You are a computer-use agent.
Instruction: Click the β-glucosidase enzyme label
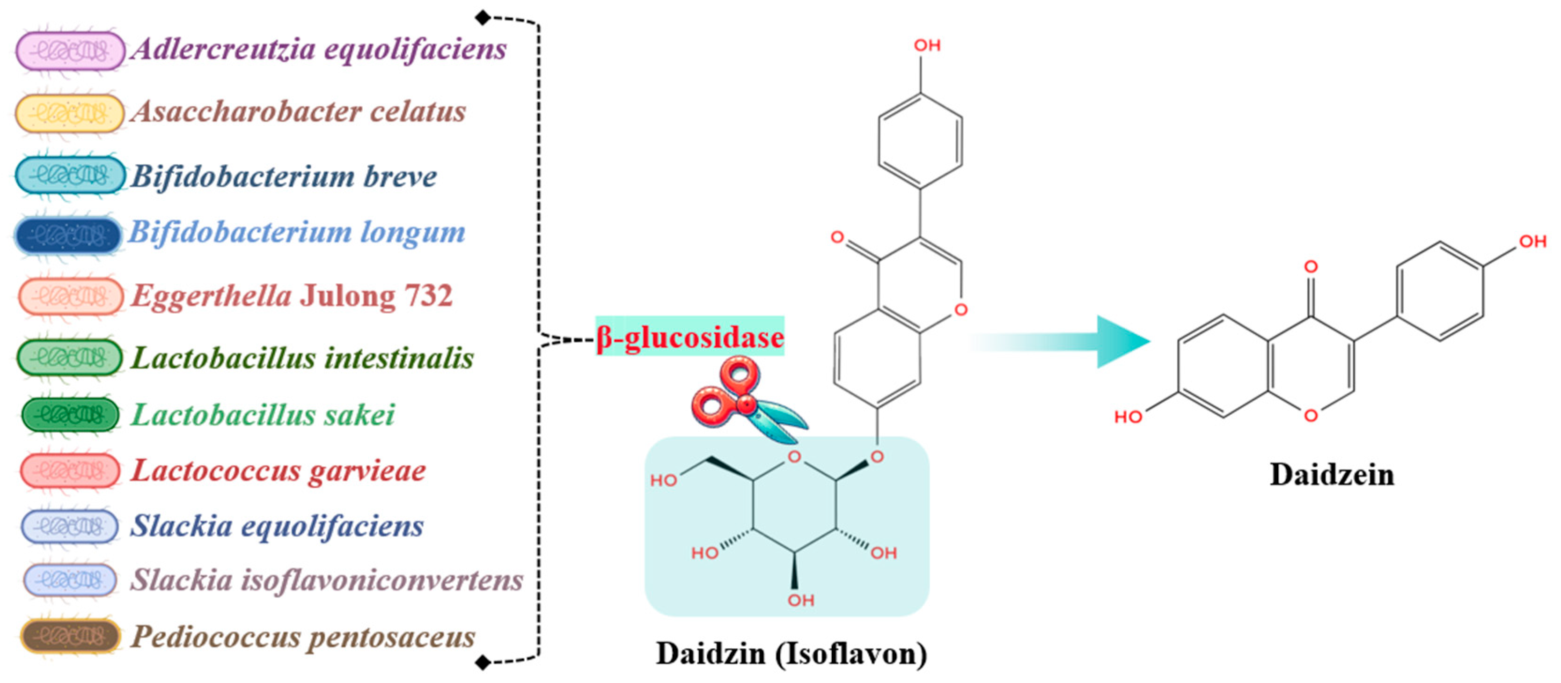(x=689, y=337)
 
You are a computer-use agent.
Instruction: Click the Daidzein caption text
(x=1331, y=475)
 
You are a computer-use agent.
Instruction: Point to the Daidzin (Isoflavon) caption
(x=791, y=654)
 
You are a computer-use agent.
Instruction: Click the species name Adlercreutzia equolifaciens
(x=319, y=49)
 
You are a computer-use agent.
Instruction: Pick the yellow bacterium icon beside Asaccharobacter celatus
(x=69, y=113)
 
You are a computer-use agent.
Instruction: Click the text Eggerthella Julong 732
(x=292, y=296)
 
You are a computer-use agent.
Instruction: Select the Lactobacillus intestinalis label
(x=302, y=358)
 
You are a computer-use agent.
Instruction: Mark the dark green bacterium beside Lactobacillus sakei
(x=70, y=415)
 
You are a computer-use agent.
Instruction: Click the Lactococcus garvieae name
(x=278, y=471)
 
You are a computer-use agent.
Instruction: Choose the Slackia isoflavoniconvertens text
(x=327, y=580)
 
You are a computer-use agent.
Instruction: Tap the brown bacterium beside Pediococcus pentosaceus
(x=70, y=636)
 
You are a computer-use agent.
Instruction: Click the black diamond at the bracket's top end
(x=483, y=18)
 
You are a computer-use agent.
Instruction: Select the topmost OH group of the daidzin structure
(x=927, y=45)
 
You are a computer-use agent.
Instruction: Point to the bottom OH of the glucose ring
(x=800, y=600)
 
